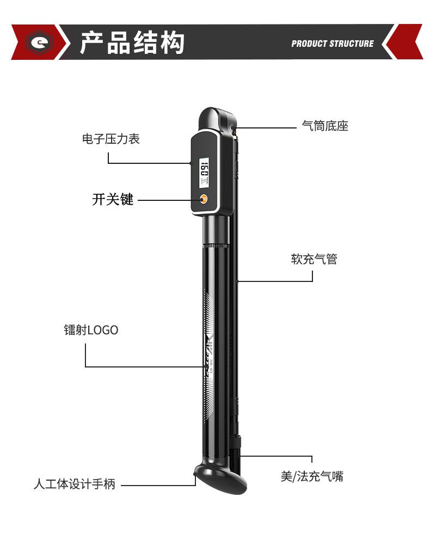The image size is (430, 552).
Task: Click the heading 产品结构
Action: coord(132,43)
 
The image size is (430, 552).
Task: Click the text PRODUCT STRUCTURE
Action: coord(332,44)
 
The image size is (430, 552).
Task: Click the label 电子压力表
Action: coord(111,139)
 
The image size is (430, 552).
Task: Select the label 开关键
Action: coord(113,200)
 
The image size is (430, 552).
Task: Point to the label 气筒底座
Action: coord(325,126)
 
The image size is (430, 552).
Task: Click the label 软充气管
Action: coord(314,259)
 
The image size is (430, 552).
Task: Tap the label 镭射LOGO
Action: coord(91,330)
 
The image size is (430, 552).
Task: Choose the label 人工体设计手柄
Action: coord(75,484)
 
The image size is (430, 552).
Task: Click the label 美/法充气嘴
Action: coord(312,476)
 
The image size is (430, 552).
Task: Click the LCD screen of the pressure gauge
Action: coord(205,173)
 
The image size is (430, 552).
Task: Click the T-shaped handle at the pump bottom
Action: coord(220,479)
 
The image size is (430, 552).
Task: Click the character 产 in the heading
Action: coord(93,43)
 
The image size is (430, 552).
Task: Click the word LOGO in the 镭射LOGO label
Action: coord(103,330)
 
